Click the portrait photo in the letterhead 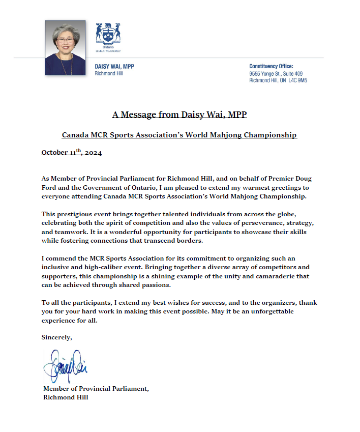pyautogui.click(x=65, y=48)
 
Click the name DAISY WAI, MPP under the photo pyautogui.click(x=114, y=67)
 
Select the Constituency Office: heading pyautogui.click(x=271, y=67)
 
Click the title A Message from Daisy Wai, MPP pyautogui.click(x=179, y=114)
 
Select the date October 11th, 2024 pyautogui.click(x=72, y=153)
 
